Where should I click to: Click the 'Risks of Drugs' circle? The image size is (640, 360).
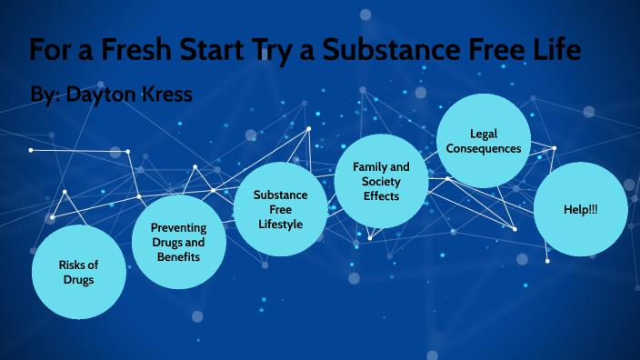(78, 272)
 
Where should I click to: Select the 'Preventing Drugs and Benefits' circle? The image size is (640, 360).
(178, 241)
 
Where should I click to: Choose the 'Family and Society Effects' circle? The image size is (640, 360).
(380, 181)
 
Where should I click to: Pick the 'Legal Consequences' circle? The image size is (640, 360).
(482, 140)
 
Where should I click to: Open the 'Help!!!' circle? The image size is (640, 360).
(580, 209)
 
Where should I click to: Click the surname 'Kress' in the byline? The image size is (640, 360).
(162, 94)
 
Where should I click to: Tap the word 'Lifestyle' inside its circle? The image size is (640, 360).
(279, 224)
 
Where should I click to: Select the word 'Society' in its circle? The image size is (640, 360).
(380, 181)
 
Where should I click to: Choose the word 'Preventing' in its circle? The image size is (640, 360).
(178, 227)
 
